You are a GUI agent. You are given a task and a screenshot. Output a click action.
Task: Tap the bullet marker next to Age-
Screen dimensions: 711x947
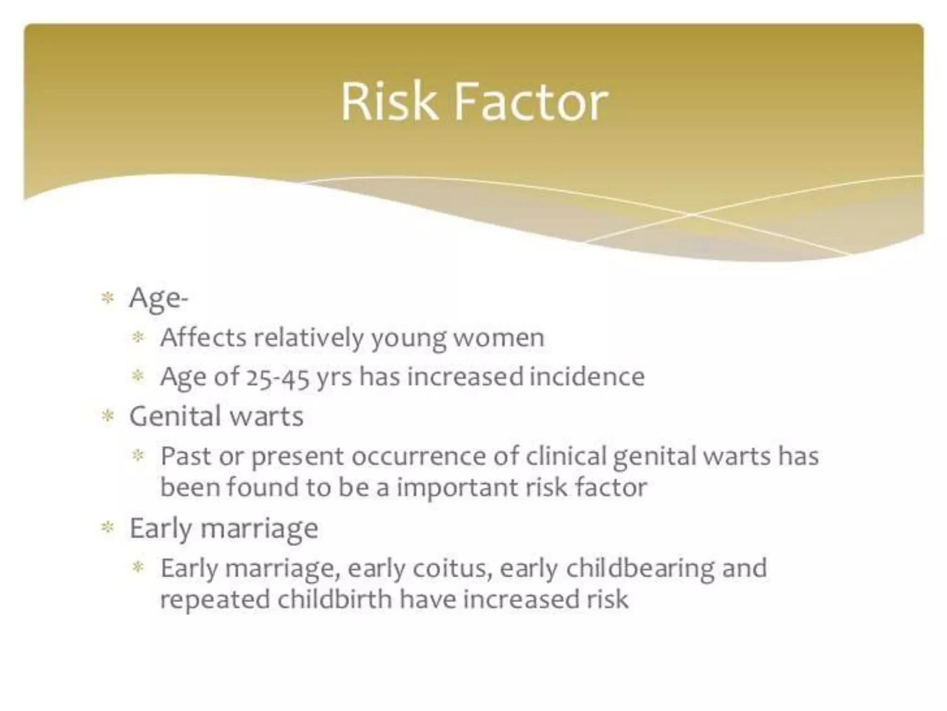[x=107, y=298]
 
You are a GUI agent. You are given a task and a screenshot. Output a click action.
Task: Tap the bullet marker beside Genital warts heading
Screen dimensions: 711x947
[x=107, y=416]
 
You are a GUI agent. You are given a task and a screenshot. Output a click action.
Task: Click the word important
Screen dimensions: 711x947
[x=457, y=487]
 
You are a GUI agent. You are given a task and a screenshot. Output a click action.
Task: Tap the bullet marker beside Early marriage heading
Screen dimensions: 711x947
[x=107, y=527]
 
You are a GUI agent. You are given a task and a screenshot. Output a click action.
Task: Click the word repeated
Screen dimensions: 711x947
[x=215, y=600]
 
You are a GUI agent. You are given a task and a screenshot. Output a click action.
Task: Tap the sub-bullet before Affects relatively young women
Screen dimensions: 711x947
[x=138, y=337]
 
